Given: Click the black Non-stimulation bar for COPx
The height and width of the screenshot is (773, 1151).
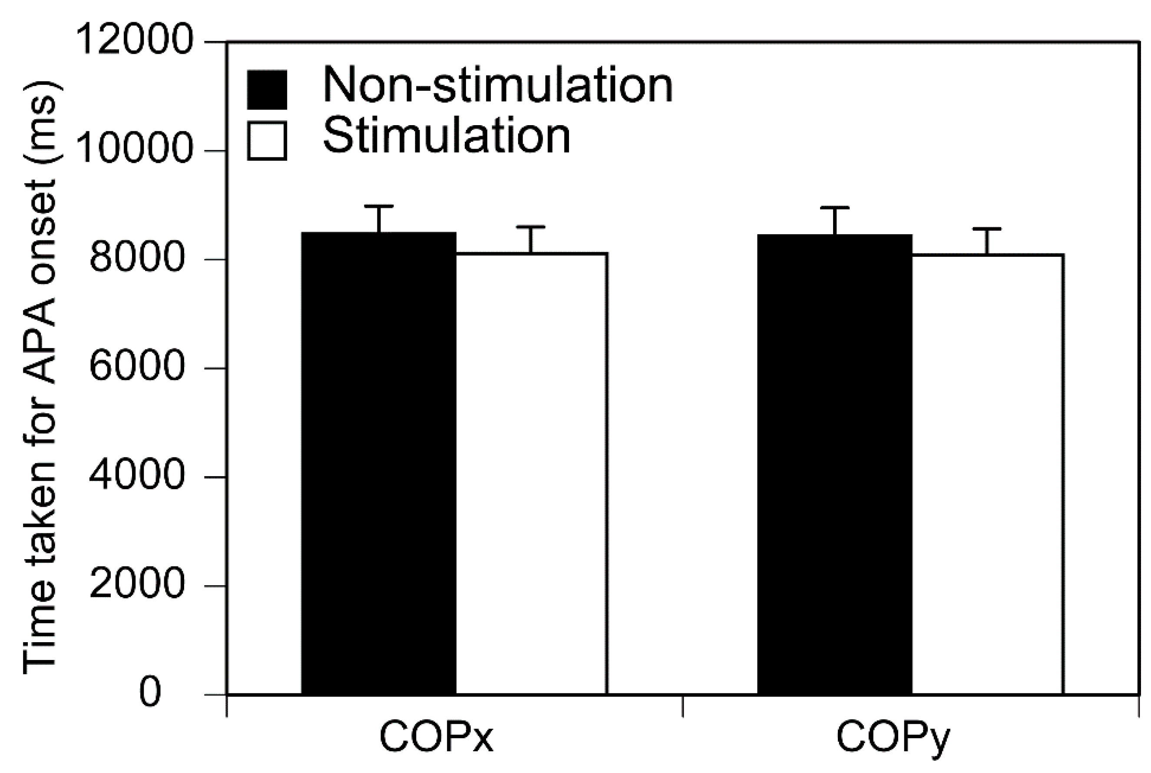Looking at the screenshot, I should [x=378, y=463].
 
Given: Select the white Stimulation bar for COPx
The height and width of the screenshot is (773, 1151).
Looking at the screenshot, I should [x=531, y=473].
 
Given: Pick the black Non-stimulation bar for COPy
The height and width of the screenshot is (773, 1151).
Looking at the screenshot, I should [x=834, y=463].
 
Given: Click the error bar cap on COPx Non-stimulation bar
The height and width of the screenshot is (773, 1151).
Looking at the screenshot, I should [x=378, y=206].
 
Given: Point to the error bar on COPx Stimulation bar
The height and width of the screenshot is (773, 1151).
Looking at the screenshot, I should [x=531, y=239].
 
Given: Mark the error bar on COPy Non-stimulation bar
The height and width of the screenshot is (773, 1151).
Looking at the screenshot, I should [x=835, y=220].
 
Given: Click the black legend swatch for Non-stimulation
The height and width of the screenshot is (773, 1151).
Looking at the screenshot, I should [x=267, y=90].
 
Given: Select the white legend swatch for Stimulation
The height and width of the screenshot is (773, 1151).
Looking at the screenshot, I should [x=267, y=140].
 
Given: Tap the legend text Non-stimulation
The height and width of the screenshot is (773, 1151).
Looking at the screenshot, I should [x=498, y=86].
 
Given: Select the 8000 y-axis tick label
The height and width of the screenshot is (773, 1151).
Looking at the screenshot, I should [x=137, y=259].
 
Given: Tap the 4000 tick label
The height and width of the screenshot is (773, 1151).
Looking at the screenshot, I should [x=137, y=476].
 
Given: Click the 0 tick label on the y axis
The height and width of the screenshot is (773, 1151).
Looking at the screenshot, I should [x=150, y=693].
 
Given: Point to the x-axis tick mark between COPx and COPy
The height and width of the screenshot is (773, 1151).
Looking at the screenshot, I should [x=682, y=705].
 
